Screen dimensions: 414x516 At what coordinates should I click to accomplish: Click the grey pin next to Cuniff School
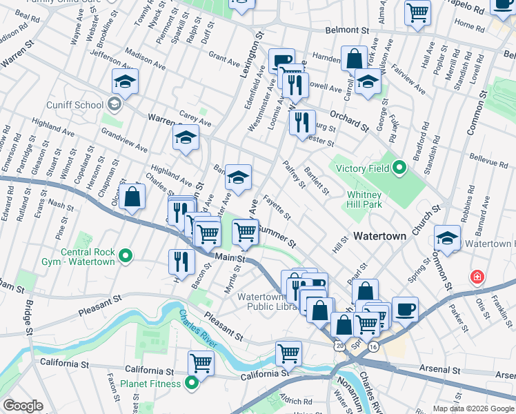tap(115, 105)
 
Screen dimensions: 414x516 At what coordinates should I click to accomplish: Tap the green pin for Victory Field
tap(399, 168)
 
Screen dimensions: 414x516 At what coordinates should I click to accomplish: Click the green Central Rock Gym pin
tap(126, 256)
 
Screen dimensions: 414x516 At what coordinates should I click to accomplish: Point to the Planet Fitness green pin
tap(192, 384)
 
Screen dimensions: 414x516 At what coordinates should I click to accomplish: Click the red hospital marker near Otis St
tap(476, 278)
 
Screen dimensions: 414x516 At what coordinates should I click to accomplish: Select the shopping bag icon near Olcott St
tap(131, 197)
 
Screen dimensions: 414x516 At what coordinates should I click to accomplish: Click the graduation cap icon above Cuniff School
tap(125, 83)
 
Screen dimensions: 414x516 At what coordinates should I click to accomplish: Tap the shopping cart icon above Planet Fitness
tap(201, 362)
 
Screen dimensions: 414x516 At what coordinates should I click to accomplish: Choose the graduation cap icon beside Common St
tap(448, 239)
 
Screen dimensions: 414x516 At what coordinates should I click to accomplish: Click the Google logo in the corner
tap(23, 406)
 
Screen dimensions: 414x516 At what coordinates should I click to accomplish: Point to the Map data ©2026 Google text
tap(473, 408)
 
